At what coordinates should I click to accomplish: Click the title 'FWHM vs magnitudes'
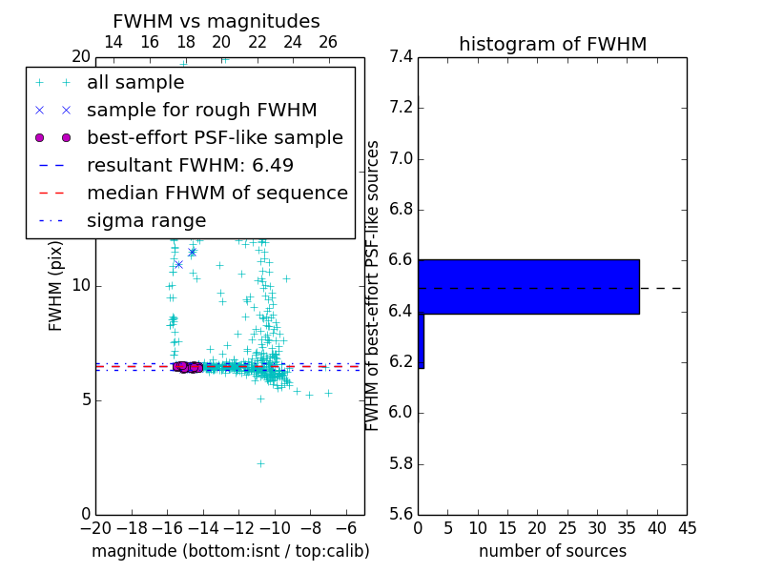click(217, 22)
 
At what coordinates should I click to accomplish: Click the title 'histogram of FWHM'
click(552, 44)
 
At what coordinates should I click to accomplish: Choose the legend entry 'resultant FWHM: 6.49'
click(190, 166)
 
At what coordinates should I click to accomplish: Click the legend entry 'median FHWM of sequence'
click(217, 194)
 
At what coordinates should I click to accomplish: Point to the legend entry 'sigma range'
click(146, 221)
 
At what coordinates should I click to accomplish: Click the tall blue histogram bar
click(528, 286)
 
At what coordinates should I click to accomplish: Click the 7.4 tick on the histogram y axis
click(401, 57)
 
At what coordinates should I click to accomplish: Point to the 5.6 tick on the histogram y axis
click(401, 515)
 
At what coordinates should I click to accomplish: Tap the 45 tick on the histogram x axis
click(687, 527)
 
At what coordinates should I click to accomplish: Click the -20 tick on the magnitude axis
click(95, 527)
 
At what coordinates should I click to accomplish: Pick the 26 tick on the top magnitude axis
click(328, 42)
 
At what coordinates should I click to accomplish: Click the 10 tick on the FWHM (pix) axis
click(81, 286)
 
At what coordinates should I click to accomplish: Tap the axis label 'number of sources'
click(552, 551)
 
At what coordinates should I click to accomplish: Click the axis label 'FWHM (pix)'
click(56, 287)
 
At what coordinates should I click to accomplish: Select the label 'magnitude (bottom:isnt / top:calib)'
click(230, 551)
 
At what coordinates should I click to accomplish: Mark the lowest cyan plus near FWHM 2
click(260, 463)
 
